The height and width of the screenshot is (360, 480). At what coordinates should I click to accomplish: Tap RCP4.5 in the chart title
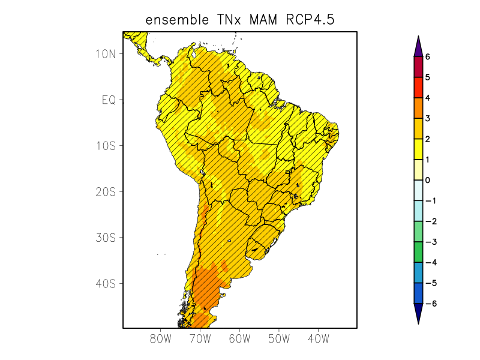(310, 20)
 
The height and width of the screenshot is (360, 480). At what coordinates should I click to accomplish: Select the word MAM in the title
(262, 20)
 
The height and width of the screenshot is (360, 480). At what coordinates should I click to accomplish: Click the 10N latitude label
(106, 53)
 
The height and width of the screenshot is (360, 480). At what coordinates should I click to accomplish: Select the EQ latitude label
(108, 100)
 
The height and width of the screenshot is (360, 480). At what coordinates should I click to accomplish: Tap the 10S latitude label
(106, 146)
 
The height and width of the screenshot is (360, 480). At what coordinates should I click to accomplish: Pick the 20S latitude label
(106, 192)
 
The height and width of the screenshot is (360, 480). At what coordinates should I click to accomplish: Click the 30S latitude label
(106, 238)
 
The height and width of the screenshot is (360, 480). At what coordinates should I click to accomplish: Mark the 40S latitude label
(106, 283)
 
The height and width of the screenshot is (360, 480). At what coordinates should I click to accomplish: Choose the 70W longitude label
(200, 338)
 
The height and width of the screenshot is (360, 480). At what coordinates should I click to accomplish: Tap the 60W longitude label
(239, 338)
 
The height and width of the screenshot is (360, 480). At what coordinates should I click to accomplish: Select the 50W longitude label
(279, 338)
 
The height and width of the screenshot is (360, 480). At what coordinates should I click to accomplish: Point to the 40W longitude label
(318, 338)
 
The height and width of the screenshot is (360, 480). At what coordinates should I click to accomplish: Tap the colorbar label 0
(428, 180)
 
